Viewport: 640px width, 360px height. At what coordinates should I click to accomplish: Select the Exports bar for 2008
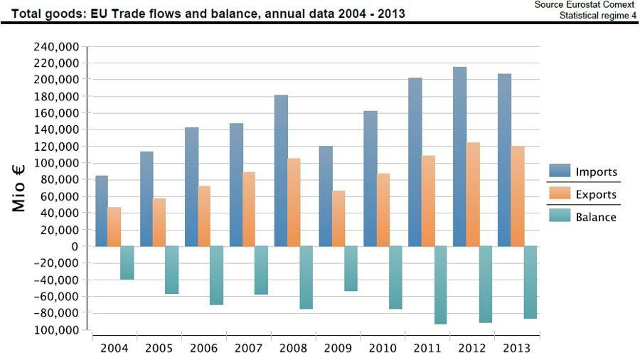point(294,202)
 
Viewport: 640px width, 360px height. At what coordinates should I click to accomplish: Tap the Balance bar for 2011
point(441,285)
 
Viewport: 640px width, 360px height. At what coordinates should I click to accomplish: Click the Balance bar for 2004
point(127,263)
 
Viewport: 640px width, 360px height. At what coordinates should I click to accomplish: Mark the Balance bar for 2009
point(351,268)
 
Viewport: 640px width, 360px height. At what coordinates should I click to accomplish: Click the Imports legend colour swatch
point(560,171)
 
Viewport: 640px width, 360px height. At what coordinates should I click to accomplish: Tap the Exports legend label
point(596,194)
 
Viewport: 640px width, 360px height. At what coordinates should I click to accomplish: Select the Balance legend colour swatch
point(560,217)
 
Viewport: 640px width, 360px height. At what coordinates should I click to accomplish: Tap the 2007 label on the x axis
point(248,348)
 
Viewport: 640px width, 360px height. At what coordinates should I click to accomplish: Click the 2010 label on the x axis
point(383,348)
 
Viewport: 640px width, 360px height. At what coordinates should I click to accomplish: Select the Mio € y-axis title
point(19,188)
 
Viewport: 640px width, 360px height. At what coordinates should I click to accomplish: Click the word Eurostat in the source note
point(575,5)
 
